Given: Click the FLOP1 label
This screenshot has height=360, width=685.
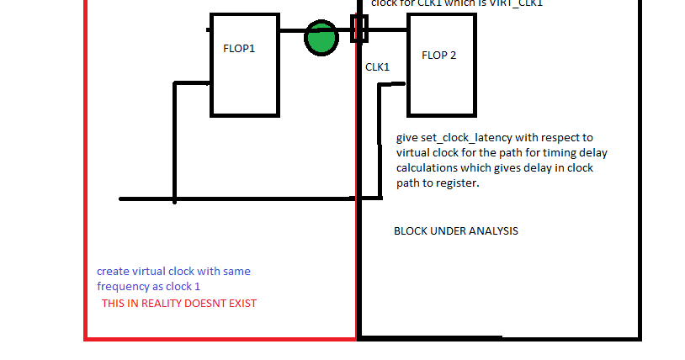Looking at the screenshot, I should click(x=239, y=49).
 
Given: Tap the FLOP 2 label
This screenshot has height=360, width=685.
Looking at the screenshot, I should click(x=439, y=56).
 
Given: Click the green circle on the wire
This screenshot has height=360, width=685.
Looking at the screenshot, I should click(x=321, y=38).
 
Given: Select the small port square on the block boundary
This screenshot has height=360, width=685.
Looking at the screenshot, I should click(x=359, y=27).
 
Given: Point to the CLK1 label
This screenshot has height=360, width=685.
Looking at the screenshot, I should click(x=377, y=66).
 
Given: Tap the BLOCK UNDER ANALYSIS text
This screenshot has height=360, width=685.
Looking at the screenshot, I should click(x=456, y=231).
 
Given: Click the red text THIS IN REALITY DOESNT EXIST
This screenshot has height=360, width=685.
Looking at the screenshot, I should click(x=179, y=304).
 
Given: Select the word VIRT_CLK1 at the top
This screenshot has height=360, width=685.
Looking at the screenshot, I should click(x=515, y=4).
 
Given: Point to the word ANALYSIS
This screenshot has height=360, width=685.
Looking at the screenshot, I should click(x=493, y=231).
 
